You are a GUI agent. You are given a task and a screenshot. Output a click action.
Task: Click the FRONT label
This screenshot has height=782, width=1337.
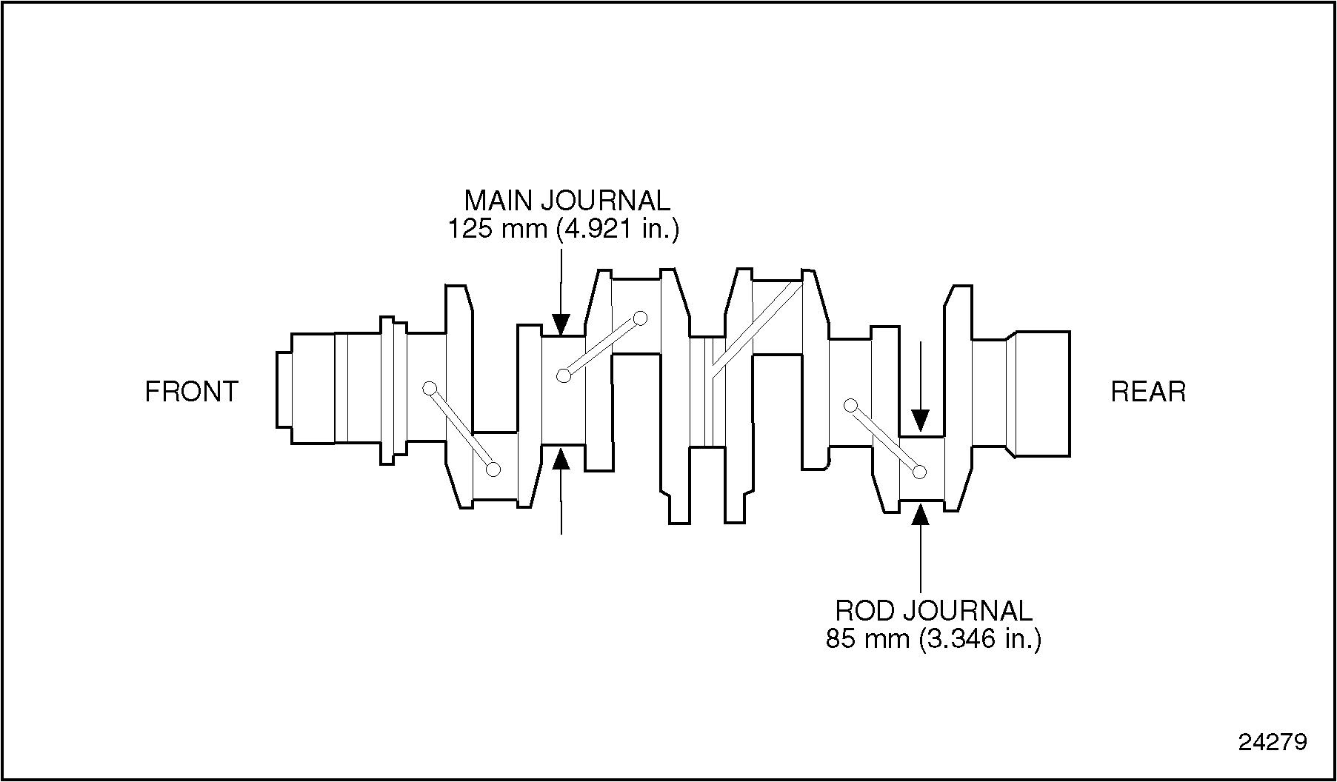coord(192,392)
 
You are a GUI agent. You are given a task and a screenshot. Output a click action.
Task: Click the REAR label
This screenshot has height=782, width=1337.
coord(1148,392)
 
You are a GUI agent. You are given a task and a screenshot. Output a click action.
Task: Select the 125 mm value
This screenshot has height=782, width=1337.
coord(497,229)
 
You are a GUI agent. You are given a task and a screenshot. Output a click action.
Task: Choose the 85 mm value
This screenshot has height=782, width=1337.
coord(867,638)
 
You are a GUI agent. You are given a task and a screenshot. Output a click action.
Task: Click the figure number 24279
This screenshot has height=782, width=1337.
coord(1273,742)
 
